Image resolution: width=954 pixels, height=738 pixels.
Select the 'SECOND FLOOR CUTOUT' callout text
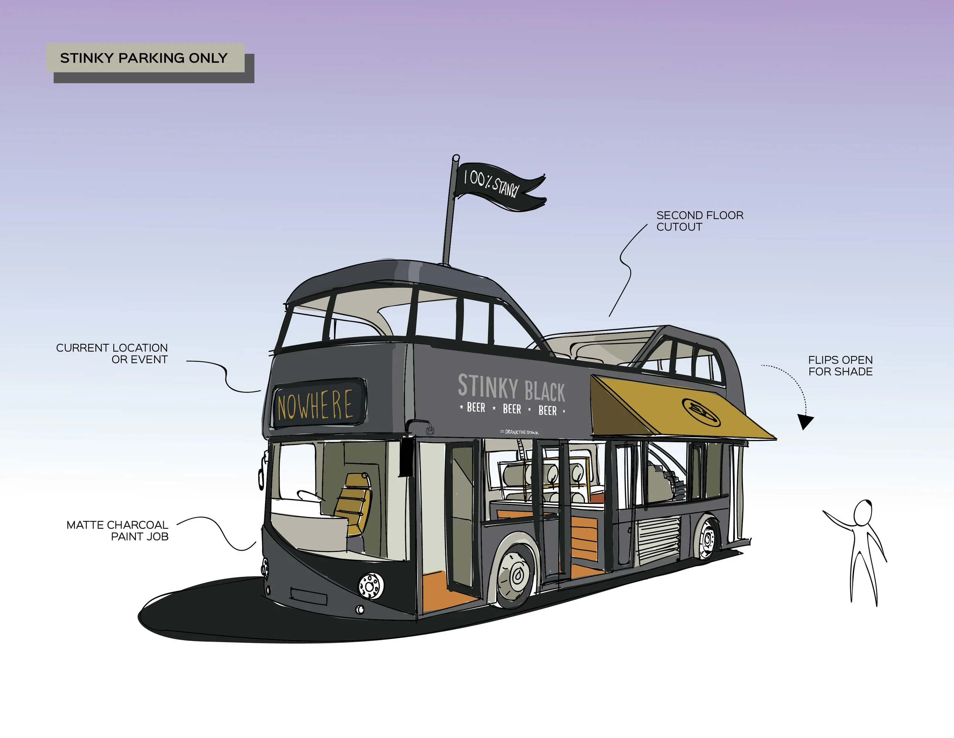[699, 221]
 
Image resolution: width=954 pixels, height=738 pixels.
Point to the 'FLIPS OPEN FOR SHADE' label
[840, 366]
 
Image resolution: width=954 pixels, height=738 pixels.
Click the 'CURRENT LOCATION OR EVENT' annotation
[112, 353]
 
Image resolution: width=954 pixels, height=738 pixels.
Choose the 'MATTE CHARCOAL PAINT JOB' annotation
[117, 530]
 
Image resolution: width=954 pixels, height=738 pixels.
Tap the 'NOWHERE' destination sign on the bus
[315, 405]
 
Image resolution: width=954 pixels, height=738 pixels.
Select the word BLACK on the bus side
[545, 391]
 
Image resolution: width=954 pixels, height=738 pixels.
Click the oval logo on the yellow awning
[701, 412]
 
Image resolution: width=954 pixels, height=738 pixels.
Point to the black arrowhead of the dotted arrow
[805, 421]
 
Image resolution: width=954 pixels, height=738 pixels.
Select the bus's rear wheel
[707, 539]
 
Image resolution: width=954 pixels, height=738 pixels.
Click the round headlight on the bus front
[371, 586]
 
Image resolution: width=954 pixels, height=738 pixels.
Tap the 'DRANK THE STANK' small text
[520, 432]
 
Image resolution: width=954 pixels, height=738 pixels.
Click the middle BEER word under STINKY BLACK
[512, 409]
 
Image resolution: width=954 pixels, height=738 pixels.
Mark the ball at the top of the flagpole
[456, 157]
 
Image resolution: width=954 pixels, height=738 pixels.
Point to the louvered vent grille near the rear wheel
[659, 539]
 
